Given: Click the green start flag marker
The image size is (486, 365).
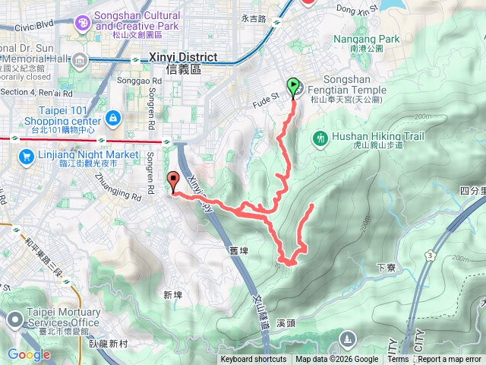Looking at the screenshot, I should pyautogui.click(x=293, y=86).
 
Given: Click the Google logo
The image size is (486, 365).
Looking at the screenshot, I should pyautogui.click(x=29, y=354).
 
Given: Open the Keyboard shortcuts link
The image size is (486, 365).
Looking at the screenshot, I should pyautogui.click(x=254, y=360).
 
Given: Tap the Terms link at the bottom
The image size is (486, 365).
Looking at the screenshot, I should pyautogui.click(x=398, y=360).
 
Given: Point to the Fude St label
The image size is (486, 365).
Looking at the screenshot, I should pyautogui.click(x=265, y=97).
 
